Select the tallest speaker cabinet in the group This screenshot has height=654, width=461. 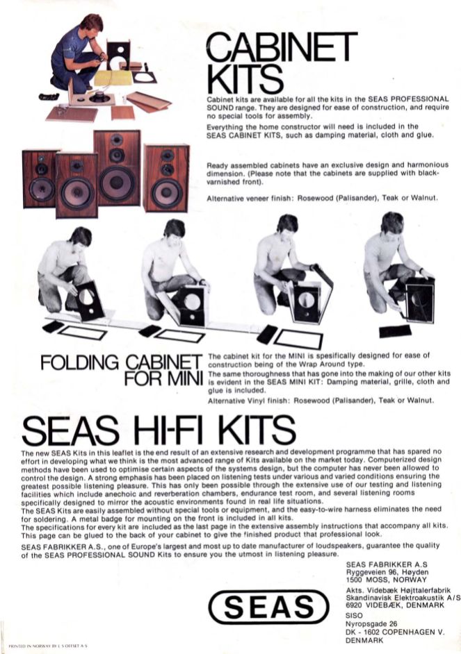[118, 167]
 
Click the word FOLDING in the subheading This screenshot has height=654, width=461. [79, 363]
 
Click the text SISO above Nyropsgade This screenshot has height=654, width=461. [354, 615]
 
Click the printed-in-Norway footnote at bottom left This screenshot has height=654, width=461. [47, 645]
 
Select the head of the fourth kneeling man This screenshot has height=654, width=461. [391, 223]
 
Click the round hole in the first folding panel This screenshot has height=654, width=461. [87, 296]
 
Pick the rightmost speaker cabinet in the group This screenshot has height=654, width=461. [166, 178]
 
